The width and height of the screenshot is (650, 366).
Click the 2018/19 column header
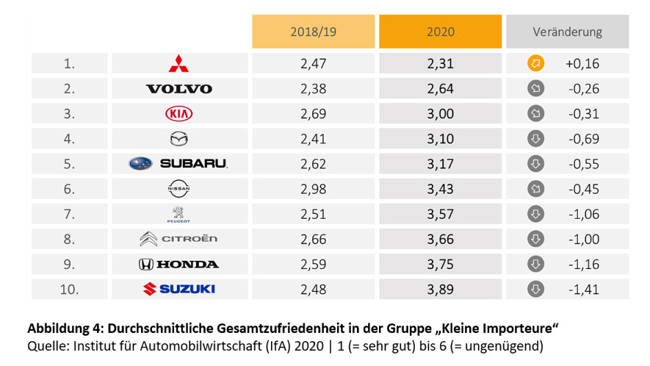[313, 32]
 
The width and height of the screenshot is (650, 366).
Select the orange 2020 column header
[440, 32]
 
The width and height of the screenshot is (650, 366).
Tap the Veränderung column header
[567, 32]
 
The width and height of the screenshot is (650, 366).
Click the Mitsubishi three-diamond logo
[179, 63]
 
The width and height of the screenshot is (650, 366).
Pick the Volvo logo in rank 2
[179, 89]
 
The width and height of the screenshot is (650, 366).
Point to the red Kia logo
[179, 114]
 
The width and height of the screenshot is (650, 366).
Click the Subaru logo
[178, 164]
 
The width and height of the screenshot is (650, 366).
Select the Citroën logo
[178, 239]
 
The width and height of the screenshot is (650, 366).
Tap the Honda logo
[178, 264]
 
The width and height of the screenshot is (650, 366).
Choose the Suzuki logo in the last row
[178, 289]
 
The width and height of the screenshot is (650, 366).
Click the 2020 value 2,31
[440, 64]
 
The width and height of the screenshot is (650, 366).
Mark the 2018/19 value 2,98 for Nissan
[313, 189]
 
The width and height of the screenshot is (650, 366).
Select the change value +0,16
[582, 64]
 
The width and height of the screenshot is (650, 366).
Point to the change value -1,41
[582, 289]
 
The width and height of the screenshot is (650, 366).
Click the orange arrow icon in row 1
[536, 64]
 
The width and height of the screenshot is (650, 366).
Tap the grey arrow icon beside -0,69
[536, 139]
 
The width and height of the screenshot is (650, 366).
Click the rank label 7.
[69, 214]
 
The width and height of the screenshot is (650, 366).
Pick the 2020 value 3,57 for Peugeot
[440, 214]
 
